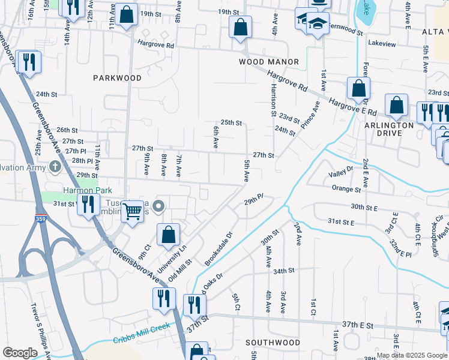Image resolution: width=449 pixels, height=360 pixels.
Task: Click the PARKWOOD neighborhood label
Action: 118,78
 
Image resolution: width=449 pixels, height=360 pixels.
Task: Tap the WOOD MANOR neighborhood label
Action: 269,62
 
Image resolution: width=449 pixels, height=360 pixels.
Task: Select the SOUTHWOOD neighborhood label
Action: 273,343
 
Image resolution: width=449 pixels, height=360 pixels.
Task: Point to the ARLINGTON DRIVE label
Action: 388,129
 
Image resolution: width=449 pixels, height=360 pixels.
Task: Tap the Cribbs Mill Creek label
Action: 142,337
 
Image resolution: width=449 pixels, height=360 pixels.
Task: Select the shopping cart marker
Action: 132,211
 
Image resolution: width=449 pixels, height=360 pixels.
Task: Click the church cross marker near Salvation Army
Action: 55,166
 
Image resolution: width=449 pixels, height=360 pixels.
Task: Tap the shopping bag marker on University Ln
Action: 169,234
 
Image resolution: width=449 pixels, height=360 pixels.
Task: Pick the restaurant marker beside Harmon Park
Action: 89,204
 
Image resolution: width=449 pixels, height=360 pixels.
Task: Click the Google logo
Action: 20,353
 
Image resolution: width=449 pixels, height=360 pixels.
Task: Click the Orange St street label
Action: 346,188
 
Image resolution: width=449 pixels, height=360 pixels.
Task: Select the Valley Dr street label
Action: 341,174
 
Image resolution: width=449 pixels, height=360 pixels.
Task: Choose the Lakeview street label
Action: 382,44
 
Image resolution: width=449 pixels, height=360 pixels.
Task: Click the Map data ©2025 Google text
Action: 411,355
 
